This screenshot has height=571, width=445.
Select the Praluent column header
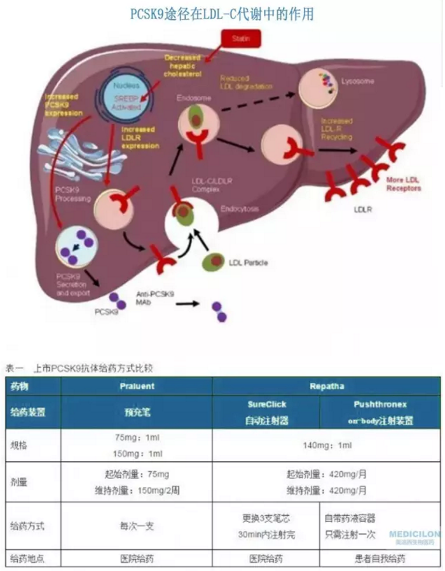click(x=137, y=386)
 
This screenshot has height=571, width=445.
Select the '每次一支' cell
click(x=137, y=527)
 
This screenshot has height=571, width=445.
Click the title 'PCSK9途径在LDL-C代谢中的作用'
click(x=221, y=13)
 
